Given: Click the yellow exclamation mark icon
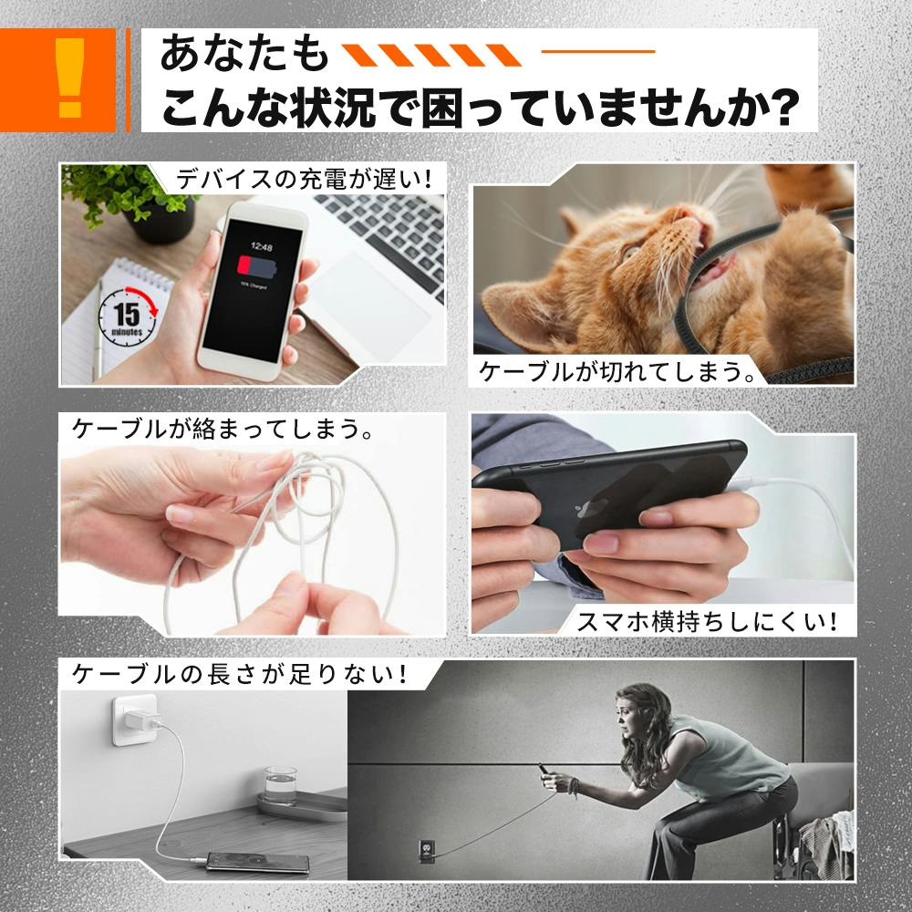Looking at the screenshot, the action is pyautogui.click(x=70, y=78).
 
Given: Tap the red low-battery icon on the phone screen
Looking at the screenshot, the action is pyautogui.click(x=256, y=267).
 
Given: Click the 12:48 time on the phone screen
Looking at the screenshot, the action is pyautogui.click(x=261, y=247).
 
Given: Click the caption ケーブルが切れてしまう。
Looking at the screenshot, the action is pyautogui.click(x=617, y=372).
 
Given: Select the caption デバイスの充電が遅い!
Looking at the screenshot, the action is pyautogui.click(x=305, y=179).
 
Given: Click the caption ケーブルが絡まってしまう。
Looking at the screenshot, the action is pyautogui.click(x=223, y=429).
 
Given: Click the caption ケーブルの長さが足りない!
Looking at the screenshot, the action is pyautogui.click(x=239, y=674).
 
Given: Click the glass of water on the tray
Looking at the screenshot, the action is pyautogui.click(x=281, y=786).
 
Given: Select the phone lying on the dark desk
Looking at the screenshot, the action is pyautogui.click(x=258, y=862).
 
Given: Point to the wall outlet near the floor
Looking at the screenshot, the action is pyautogui.click(x=426, y=848).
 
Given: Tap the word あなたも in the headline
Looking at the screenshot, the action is pyautogui.click(x=244, y=53).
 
